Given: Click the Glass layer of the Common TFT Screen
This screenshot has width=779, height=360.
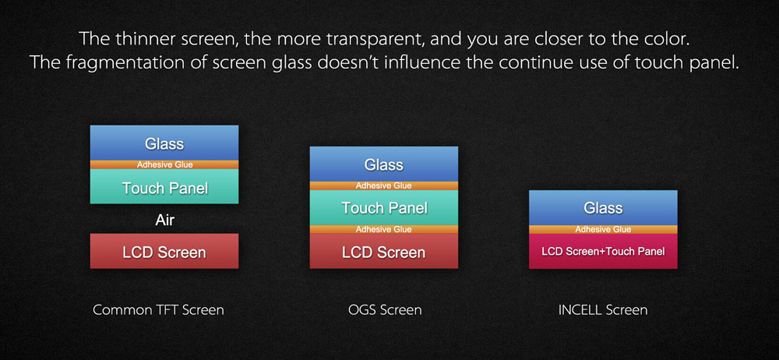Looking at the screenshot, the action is pos(164,143).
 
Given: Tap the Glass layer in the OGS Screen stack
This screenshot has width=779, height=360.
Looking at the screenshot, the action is pos(383,164).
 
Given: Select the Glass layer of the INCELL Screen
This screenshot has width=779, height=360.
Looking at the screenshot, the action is pos(603,207).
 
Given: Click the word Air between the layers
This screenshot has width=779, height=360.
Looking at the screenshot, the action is pos(164,219).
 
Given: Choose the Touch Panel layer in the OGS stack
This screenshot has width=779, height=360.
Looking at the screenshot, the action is pos(383,208).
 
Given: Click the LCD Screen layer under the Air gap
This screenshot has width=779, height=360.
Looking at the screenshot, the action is pos(164,251).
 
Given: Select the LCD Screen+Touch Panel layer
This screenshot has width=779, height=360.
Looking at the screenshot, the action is pos(603,251).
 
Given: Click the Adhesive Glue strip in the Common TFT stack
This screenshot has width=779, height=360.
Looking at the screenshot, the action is pos(164,164).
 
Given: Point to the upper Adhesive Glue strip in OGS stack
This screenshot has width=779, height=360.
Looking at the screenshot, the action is pos(383,186).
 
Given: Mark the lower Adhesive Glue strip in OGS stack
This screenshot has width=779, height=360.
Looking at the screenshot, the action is pos(383,229).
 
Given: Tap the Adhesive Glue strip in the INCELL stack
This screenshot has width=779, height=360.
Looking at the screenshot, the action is pos(603,229).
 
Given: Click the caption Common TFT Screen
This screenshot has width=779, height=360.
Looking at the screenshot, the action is pos(158,310).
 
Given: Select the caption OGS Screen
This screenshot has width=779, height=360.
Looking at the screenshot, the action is pos(385,310).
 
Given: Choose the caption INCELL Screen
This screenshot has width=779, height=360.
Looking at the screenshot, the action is pos(603,310).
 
